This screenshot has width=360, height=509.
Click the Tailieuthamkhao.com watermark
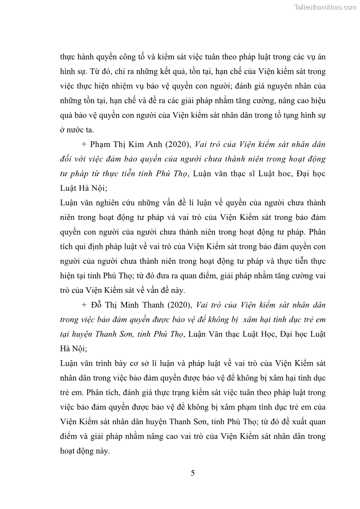[325, 7]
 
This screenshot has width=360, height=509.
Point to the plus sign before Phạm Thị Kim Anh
[85, 145]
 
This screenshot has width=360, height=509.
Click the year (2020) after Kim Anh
[178, 145]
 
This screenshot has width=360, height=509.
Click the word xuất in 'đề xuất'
[298, 422]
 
